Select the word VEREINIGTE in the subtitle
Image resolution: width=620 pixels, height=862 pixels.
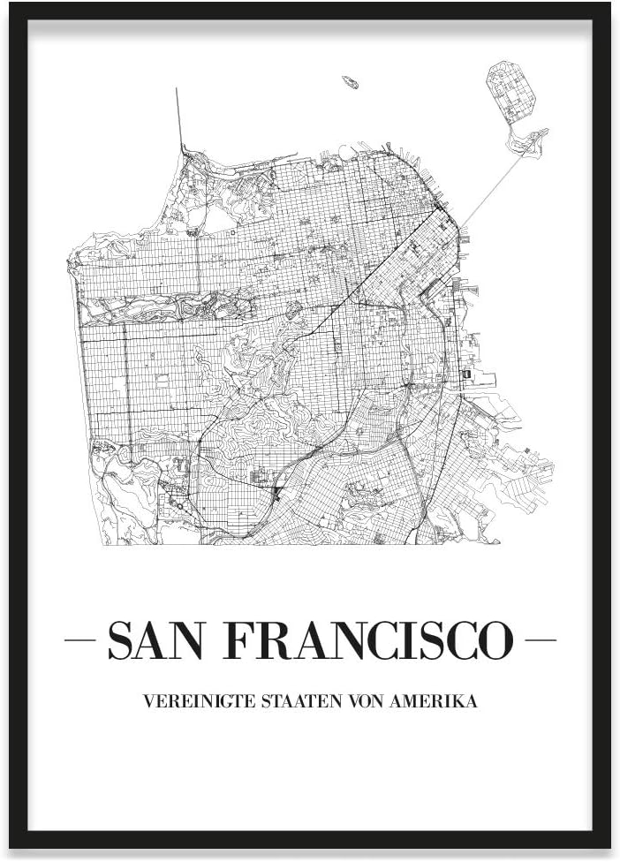tap(185, 702)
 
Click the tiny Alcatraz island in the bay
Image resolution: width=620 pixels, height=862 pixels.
tap(351, 82)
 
